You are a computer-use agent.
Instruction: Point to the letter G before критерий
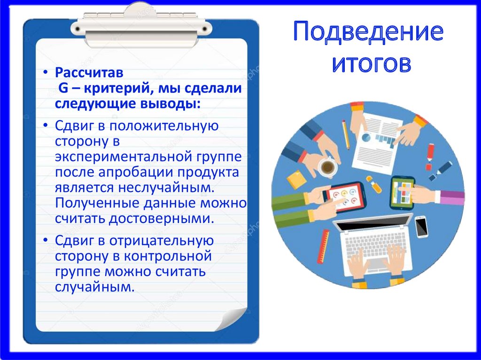click(62, 88)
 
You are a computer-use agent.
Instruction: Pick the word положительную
click(170, 126)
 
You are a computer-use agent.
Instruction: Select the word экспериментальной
click(121, 156)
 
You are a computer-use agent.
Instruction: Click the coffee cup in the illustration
click(327, 167)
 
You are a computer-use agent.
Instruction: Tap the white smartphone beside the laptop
click(421, 226)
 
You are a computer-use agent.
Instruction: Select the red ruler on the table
click(323, 246)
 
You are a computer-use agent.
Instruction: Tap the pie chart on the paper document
click(366, 137)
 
